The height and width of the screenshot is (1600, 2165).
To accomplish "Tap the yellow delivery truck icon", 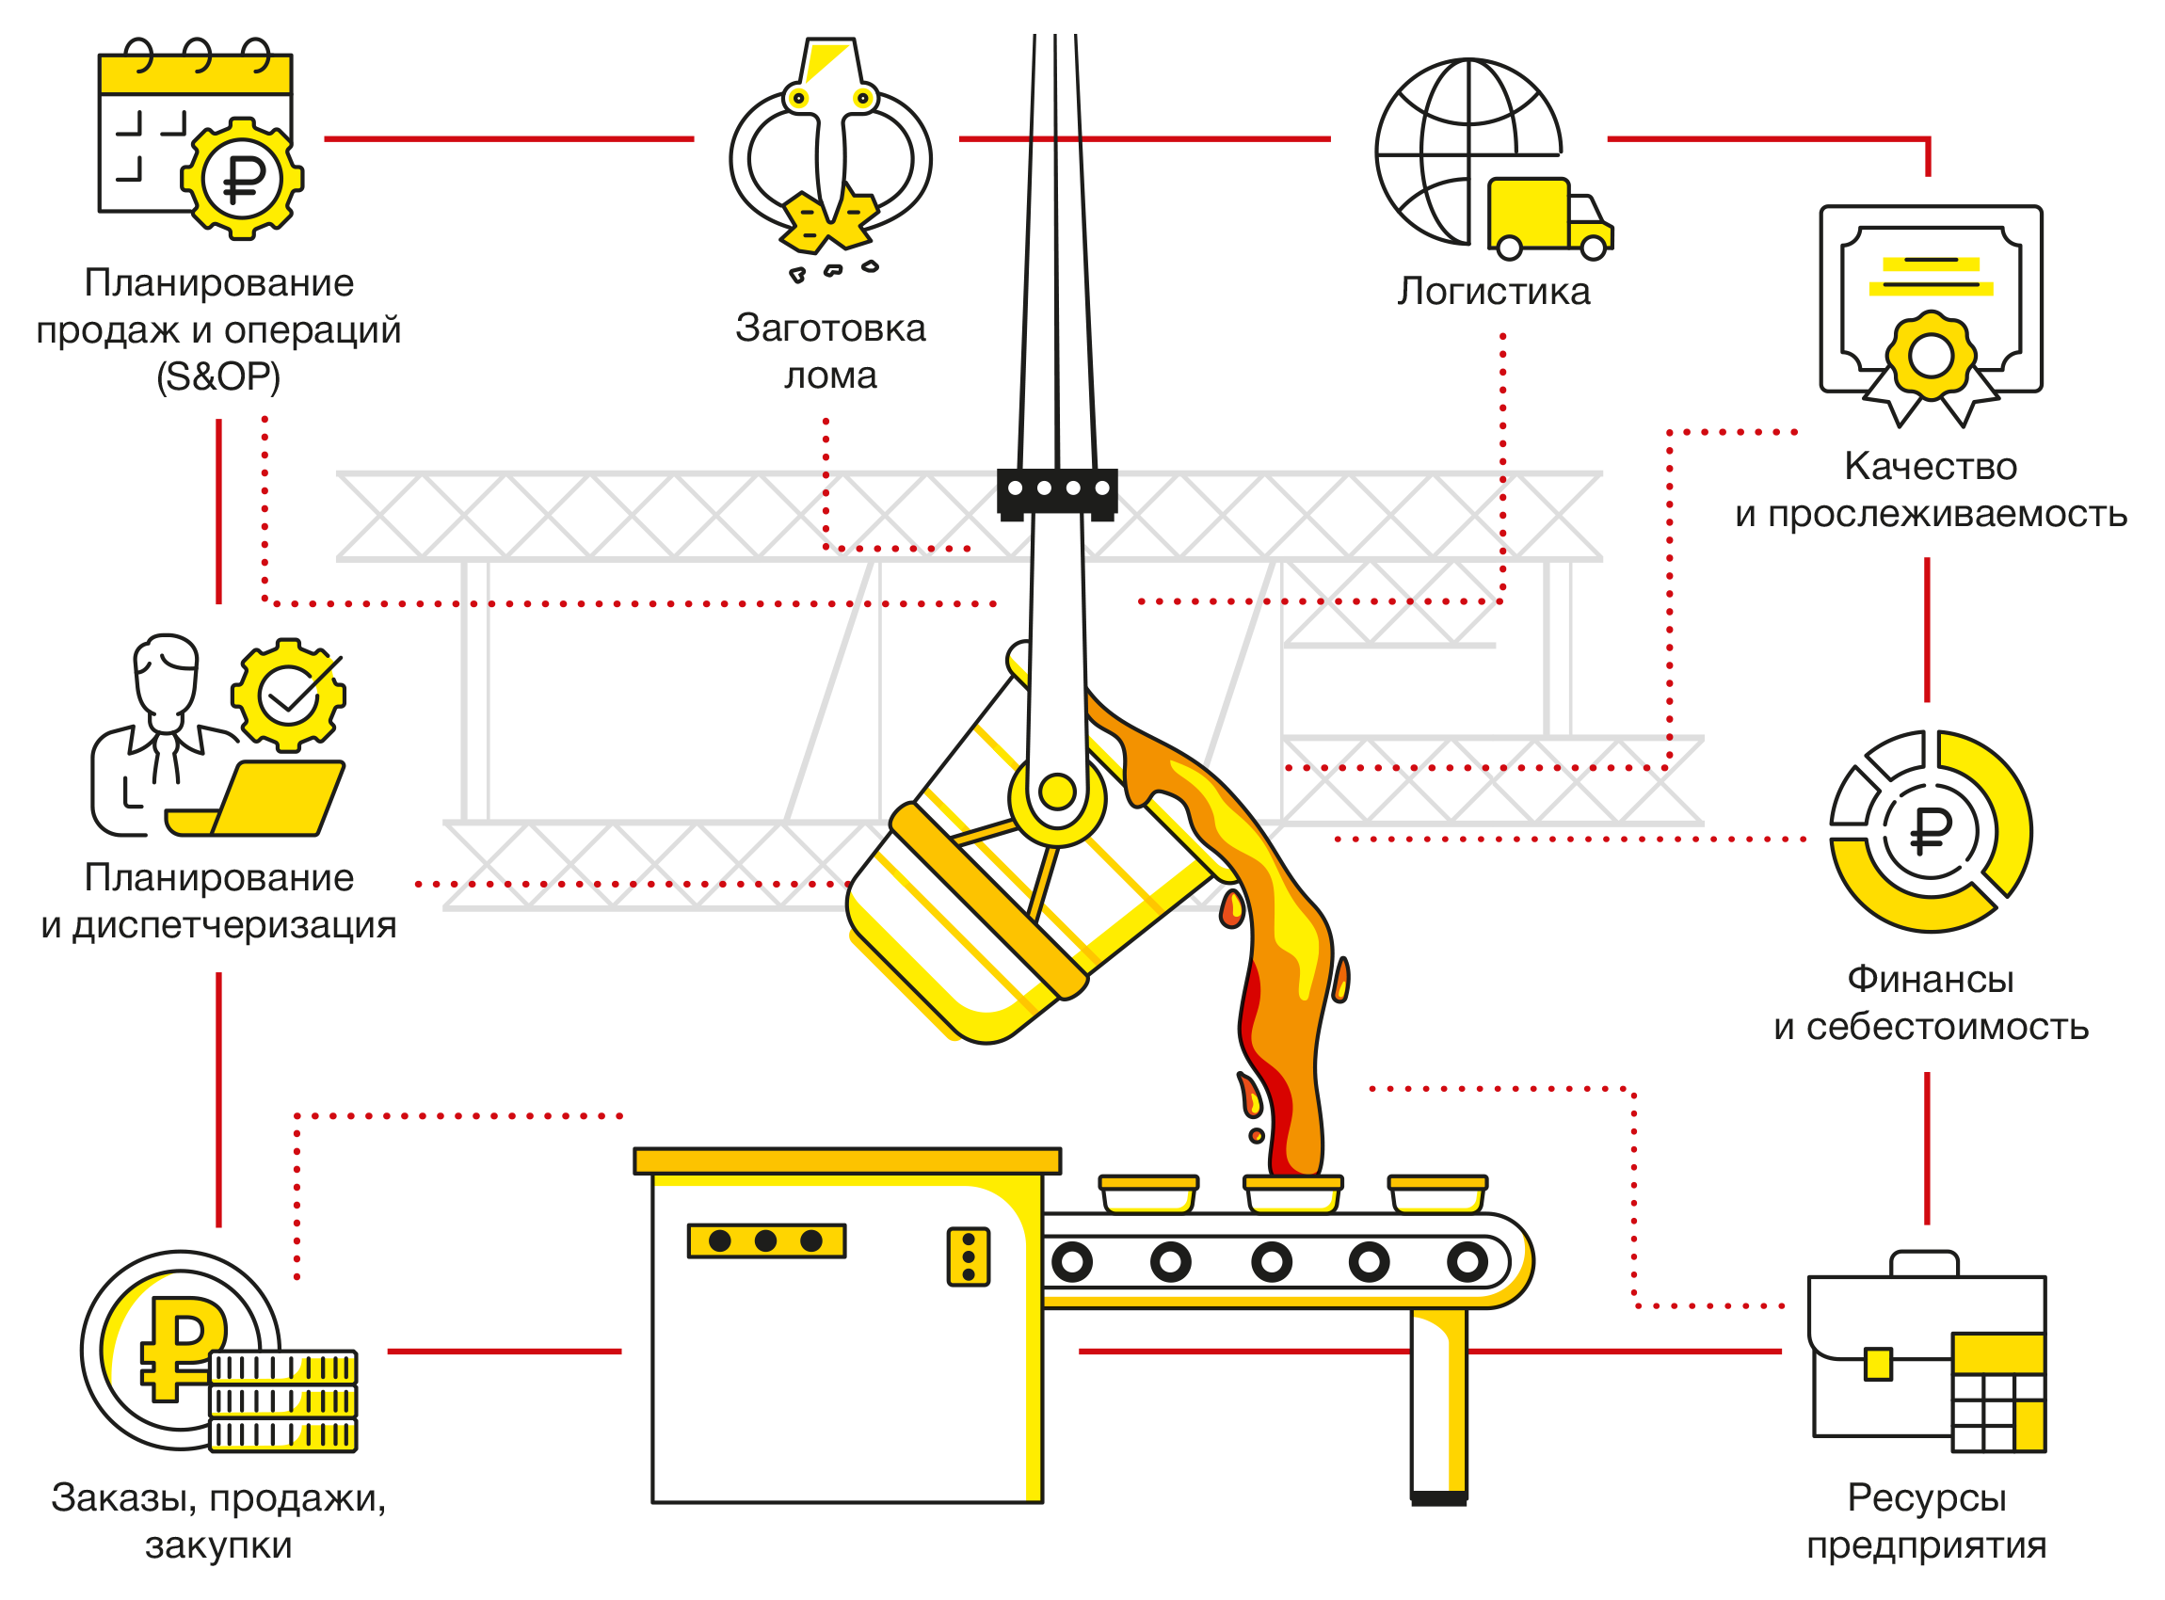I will pos(1548,218).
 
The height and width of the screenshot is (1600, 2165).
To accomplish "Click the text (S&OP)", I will pos(218,376).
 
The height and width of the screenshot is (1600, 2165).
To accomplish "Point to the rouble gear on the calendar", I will pos(242,178).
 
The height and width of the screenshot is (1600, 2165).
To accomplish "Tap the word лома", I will pos(830,376).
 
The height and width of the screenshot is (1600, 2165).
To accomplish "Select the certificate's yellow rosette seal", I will pos(1930,356).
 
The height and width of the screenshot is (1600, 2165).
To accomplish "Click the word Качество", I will pos(1930,467).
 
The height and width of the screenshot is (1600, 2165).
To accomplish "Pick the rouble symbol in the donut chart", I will pos(1931,831).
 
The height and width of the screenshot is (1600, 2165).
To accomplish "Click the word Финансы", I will pos(1930,979).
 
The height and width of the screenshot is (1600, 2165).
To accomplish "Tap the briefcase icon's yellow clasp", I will pos(1877,1364).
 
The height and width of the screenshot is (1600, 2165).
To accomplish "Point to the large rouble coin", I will pos(180,1348).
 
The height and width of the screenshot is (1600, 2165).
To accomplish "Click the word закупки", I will pos(218,1544).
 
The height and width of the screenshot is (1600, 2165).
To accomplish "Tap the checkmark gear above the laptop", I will pos(288,695).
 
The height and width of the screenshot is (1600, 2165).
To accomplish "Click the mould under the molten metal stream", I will pos(1292,1194).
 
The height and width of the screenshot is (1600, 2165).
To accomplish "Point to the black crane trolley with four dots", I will pos(1057,490).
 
